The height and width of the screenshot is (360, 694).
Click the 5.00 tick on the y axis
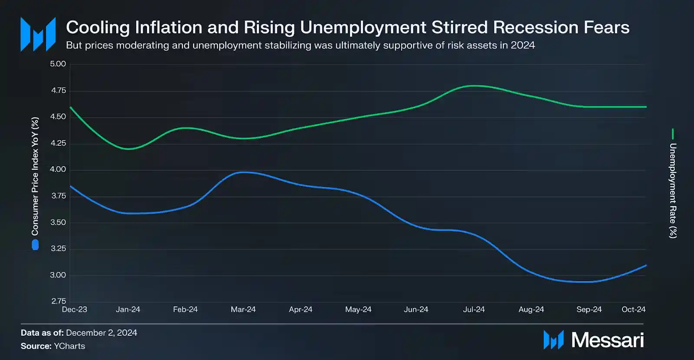[x=58, y=64]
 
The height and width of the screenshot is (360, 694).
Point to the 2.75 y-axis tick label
[x=59, y=301]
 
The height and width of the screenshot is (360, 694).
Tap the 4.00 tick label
[x=58, y=170]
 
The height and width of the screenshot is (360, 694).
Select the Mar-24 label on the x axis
[x=243, y=309]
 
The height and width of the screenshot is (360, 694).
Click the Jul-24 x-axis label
[x=474, y=309]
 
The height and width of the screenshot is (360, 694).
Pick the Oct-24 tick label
[x=633, y=309]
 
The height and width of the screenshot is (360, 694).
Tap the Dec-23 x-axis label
[x=75, y=309]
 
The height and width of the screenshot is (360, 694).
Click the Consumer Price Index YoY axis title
[x=35, y=176]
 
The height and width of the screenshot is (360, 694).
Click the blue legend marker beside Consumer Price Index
[x=35, y=245]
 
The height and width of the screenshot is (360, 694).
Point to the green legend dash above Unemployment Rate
[x=673, y=134]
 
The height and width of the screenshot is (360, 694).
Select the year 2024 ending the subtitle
[x=523, y=45]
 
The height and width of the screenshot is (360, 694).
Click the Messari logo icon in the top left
[x=38, y=34]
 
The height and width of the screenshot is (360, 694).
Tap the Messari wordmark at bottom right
[x=607, y=340]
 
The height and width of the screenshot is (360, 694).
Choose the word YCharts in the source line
[x=69, y=346]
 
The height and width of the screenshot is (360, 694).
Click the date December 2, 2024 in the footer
[x=101, y=333]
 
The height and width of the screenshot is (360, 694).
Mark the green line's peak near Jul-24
[x=474, y=86]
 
